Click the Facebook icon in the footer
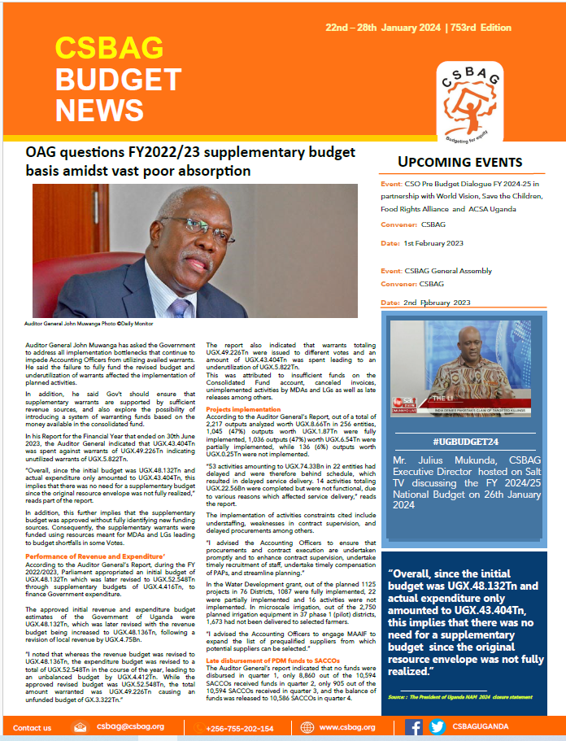413,727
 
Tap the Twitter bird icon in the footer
438,727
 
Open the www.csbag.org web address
346,727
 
